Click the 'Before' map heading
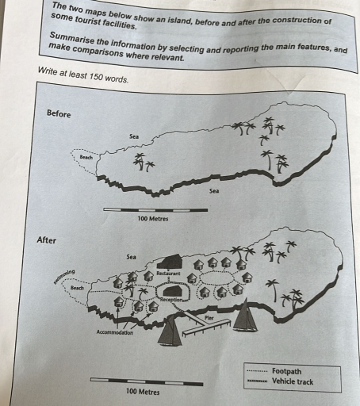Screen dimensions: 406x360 click(59, 114)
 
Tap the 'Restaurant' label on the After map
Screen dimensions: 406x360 click(169, 274)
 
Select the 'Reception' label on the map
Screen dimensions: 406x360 click(172, 301)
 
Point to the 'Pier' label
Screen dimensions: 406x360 click(209, 317)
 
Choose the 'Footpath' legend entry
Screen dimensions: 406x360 click(285, 370)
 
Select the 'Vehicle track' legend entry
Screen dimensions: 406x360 click(292, 381)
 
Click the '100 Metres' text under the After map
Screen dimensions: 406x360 click(143, 392)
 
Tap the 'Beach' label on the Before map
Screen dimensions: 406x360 click(86, 158)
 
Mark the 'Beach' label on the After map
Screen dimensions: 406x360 click(78, 288)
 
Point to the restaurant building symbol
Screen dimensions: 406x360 click(169, 262)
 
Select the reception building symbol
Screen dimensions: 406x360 click(173, 291)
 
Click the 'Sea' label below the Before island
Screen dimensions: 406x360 click(214, 191)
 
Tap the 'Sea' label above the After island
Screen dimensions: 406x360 click(131, 257)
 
